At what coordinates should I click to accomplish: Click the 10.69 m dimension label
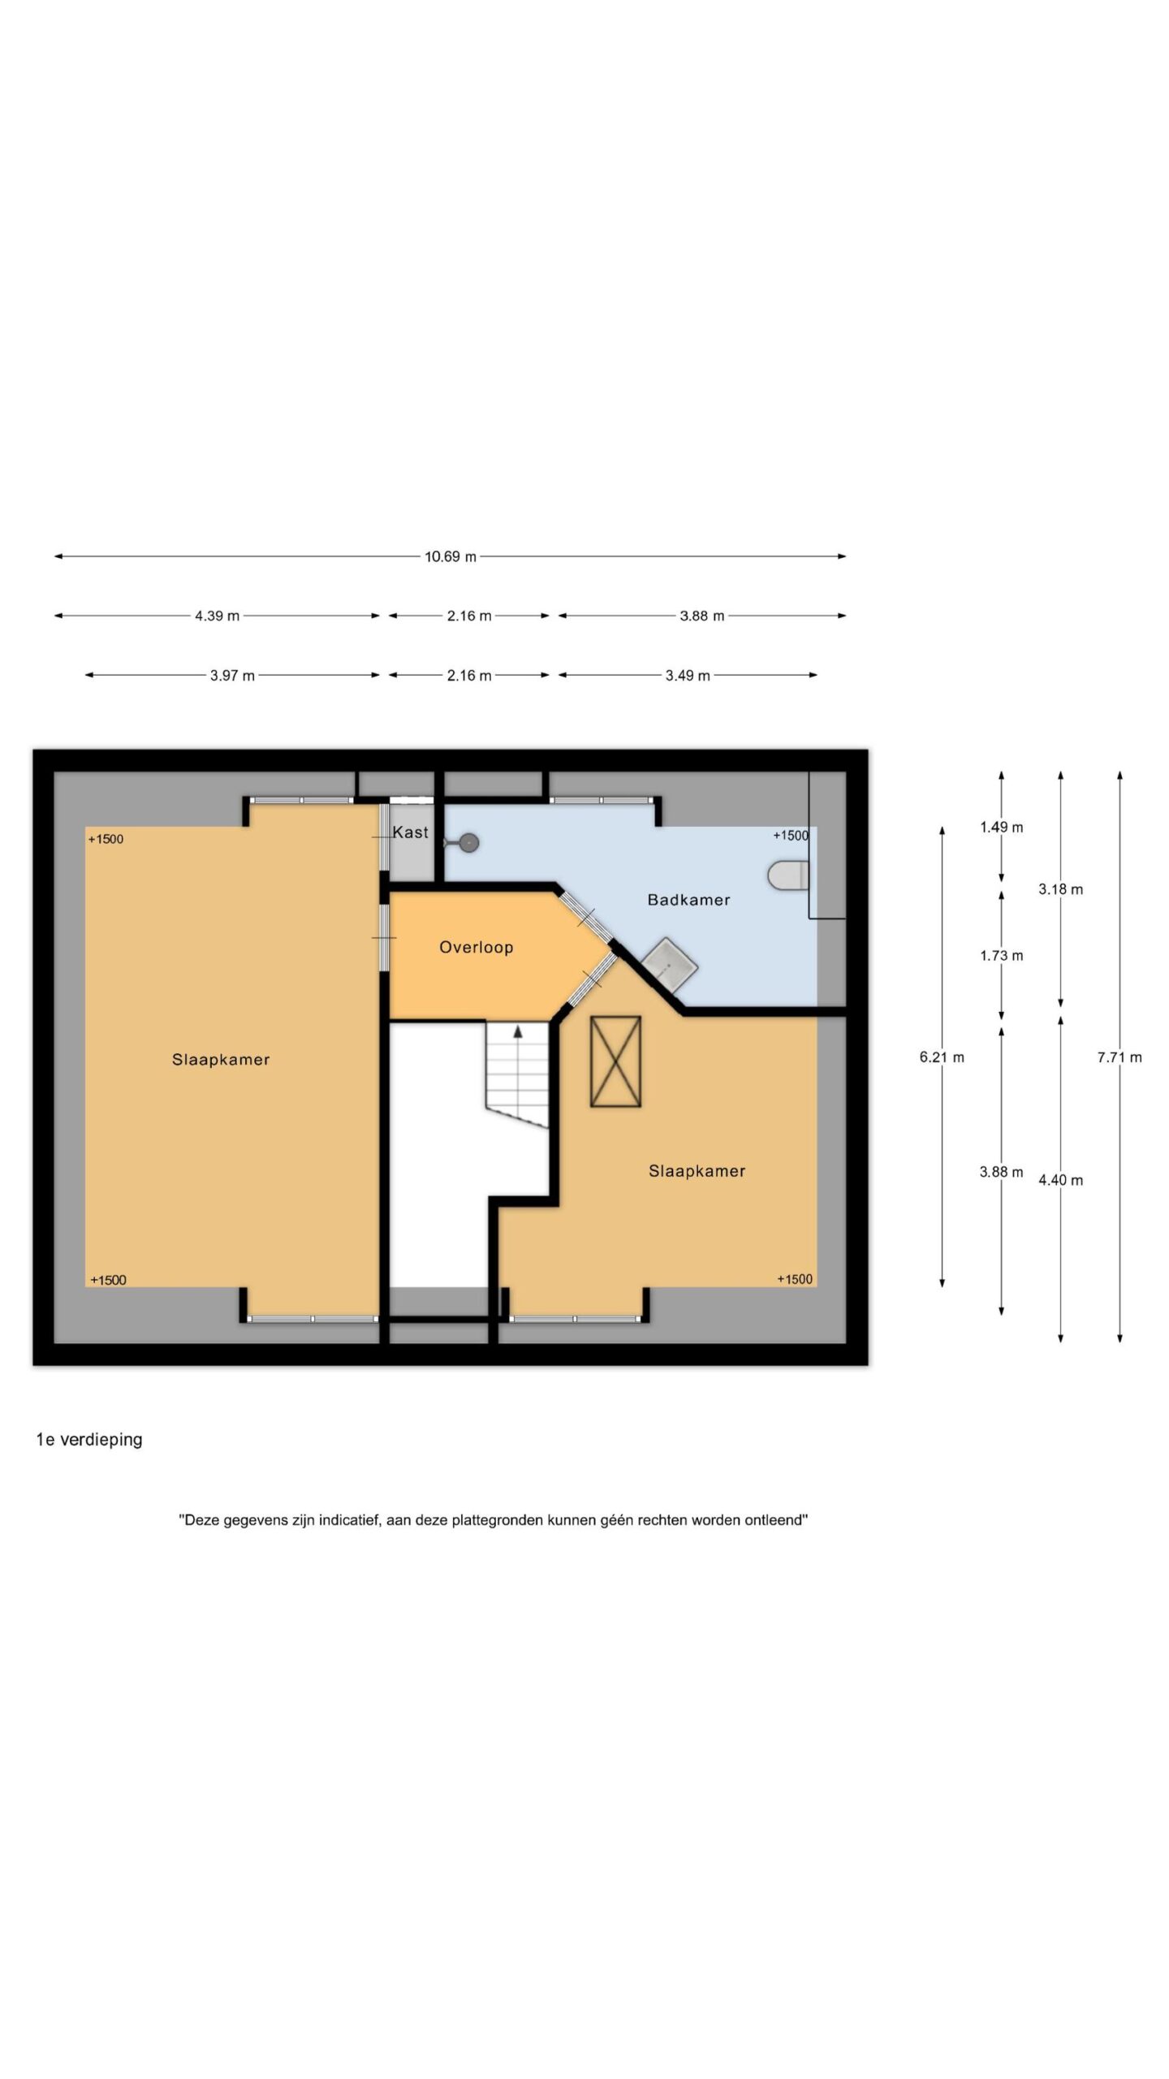click(451, 556)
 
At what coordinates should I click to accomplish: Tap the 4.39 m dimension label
click(217, 616)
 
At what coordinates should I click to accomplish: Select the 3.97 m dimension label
click(232, 675)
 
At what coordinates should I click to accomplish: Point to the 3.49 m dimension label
click(688, 675)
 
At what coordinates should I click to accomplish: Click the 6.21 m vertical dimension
click(942, 1057)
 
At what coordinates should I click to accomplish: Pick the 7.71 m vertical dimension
click(1119, 1057)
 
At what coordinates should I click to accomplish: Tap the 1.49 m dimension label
click(1001, 827)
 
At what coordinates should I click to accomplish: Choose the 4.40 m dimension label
click(1060, 1180)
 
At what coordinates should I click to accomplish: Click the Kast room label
click(411, 832)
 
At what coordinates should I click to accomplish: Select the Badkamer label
click(688, 900)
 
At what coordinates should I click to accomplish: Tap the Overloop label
click(477, 947)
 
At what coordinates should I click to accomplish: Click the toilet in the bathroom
click(788, 875)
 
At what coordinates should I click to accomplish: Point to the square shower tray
click(670, 964)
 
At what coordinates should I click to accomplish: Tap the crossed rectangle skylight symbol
click(615, 1061)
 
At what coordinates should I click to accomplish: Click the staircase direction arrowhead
click(518, 1031)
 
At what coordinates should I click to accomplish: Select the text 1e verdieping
click(89, 1440)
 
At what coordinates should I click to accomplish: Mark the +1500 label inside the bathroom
click(790, 836)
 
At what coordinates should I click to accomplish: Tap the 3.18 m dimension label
click(1060, 889)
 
